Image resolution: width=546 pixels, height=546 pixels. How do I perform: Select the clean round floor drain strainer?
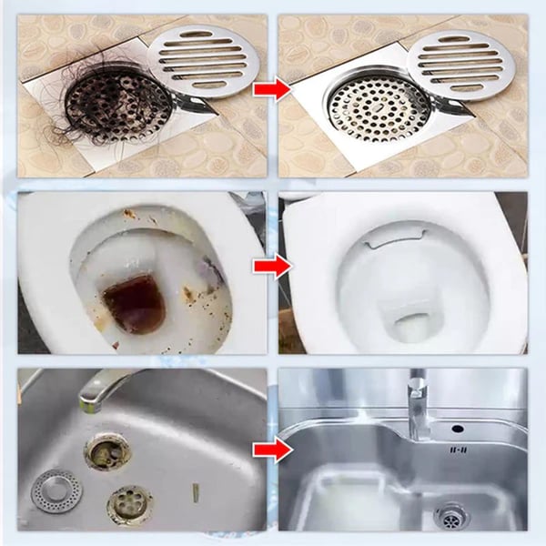pos(369,111)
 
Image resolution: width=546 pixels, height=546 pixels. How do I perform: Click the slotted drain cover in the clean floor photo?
pos(465,62)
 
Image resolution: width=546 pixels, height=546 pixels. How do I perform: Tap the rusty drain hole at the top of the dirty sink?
pos(107,450)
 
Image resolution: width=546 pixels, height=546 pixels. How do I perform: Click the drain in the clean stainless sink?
pos(450,515)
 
